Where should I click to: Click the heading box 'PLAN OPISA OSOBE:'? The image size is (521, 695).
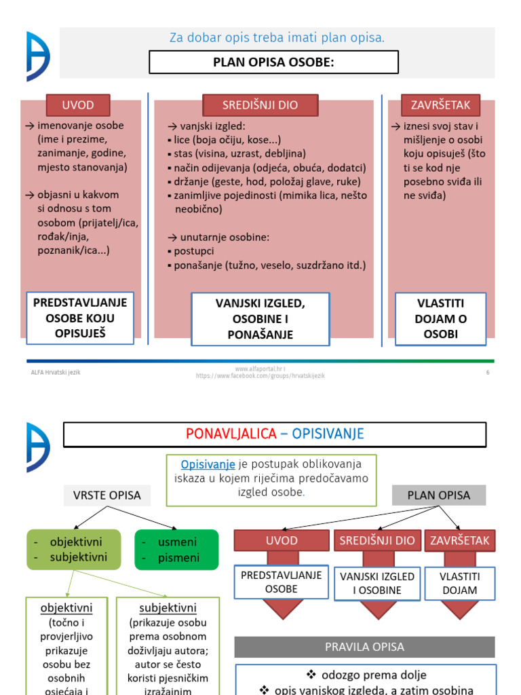click(273, 62)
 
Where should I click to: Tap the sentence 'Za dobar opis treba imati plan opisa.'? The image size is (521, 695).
click(277, 38)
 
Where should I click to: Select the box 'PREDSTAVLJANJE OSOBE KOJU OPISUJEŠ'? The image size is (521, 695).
click(80, 318)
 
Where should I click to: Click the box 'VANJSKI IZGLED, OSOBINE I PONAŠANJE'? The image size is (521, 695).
click(260, 318)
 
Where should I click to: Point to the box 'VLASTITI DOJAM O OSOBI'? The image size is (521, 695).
click(440, 318)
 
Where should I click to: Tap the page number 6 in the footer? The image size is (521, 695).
click(487, 373)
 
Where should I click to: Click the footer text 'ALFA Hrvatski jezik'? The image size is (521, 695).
click(56, 373)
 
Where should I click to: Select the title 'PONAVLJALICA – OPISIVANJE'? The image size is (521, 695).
click(275, 434)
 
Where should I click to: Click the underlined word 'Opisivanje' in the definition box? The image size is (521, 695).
click(208, 464)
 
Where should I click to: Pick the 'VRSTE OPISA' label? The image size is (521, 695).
click(107, 495)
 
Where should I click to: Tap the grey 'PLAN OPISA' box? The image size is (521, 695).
click(438, 495)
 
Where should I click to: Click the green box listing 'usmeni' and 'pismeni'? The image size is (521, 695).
click(176, 550)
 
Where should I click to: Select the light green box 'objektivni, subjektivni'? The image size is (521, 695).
click(75, 550)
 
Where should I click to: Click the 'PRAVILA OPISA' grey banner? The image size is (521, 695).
click(365, 646)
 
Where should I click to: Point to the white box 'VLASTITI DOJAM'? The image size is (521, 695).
click(460, 583)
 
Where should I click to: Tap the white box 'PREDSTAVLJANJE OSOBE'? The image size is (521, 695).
click(282, 582)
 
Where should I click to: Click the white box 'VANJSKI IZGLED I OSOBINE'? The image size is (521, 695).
click(377, 583)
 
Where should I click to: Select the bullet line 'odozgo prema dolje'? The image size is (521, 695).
click(366, 675)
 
